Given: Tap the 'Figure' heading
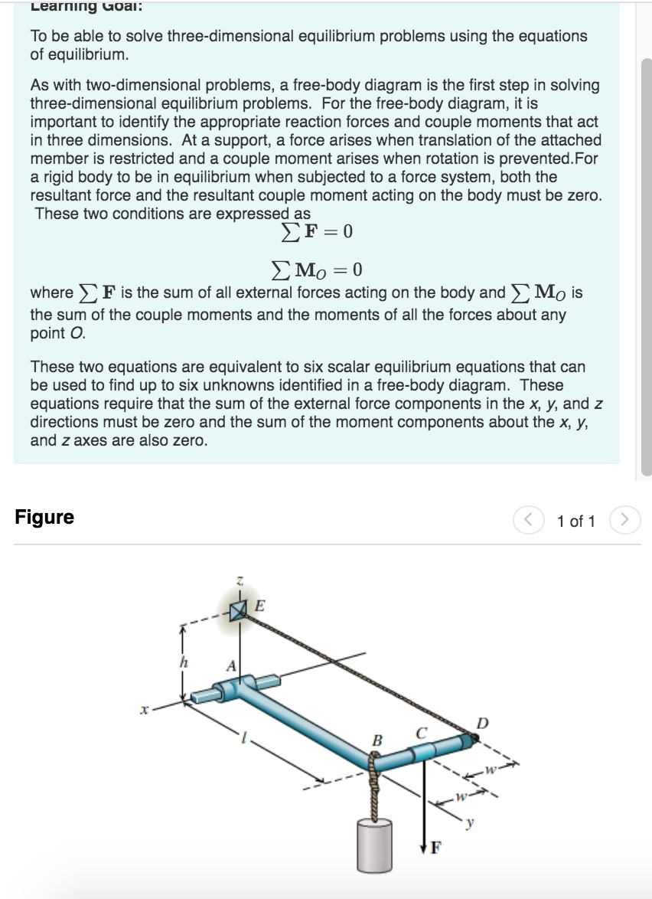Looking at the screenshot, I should click(x=44, y=518).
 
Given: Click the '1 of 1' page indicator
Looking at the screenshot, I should click(x=575, y=521).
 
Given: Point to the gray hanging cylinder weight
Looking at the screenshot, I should click(x=373, y=843).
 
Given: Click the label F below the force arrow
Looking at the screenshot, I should click(x=435, y=848).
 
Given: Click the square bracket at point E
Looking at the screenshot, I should click(x=240, y=610).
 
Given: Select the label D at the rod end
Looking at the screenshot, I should click(x=480, y=723).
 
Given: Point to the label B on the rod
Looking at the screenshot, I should click(x=376, y=740).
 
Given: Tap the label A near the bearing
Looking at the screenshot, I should click(x=229, y=665).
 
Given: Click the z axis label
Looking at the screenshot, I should click(x=240, y=584).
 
